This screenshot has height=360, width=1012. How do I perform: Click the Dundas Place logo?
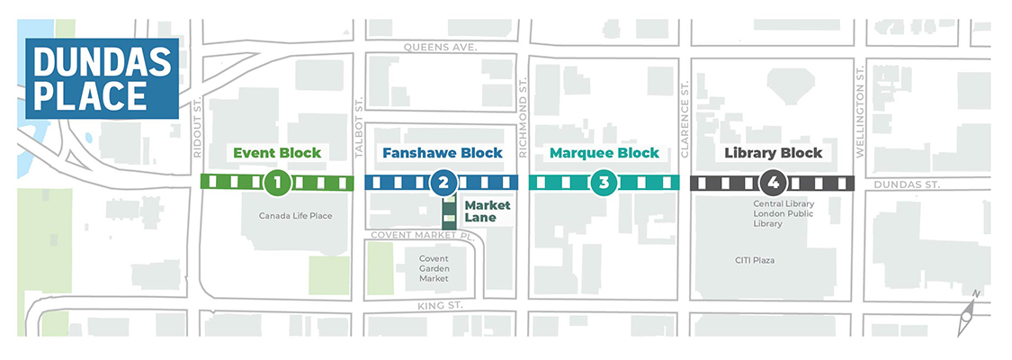(x=101, y=79)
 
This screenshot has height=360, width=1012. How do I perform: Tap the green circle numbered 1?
(x=277, y=183)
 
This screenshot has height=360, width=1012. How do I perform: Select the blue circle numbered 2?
(x=442, y=183)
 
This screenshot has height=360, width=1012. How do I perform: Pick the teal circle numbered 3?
(x=604, y=183)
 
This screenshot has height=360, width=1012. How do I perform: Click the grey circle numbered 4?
(x=773, y=183)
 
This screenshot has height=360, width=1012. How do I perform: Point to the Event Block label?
(x=277, y=153)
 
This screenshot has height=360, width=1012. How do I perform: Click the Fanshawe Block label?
(x=442, y=153)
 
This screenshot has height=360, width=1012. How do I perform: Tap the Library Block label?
(x=773, y=153)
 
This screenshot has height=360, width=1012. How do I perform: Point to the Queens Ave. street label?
(x=440, y=47)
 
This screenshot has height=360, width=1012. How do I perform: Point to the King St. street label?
(x=440, y=306)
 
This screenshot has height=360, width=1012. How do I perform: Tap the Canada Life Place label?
(x=296, y=216)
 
